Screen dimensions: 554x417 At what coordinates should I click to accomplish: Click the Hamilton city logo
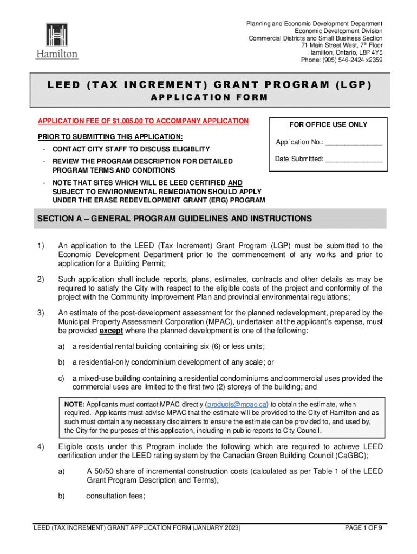57,41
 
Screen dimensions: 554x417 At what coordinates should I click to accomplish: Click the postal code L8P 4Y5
370,53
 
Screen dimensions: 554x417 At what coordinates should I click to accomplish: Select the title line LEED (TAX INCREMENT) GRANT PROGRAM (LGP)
209,86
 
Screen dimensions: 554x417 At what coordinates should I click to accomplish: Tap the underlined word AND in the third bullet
236,183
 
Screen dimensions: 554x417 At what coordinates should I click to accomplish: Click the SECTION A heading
174,219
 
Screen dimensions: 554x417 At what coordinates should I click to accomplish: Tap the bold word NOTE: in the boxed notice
74,404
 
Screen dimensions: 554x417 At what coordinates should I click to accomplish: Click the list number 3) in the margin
41,313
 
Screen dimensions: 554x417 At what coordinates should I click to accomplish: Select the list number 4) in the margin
41,446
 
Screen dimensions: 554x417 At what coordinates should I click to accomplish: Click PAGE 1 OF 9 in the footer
363,528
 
